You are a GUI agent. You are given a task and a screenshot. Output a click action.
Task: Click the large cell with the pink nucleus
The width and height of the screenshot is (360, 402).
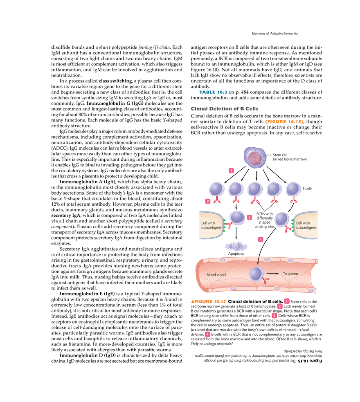(x=255, y=157)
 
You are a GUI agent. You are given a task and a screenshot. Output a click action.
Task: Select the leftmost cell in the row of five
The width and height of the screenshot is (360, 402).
(x=216, y=189)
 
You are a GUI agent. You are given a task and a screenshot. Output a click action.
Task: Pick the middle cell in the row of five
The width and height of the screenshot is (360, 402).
(x=255, y=189)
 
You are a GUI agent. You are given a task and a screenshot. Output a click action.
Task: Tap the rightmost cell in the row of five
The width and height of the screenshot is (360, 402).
(x=293, y=189)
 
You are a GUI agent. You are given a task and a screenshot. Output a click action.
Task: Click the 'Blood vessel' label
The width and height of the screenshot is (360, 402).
(x=216, y=275)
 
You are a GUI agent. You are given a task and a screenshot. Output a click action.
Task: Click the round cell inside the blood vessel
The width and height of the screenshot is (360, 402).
(x=257, y=274)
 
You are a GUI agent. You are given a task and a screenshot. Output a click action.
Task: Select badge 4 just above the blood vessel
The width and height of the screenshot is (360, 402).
(x=260, y=240)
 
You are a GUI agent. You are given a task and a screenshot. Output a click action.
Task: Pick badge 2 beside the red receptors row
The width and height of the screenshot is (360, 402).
(x=208, y=201)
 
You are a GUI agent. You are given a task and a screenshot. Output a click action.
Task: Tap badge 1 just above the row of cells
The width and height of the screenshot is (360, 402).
(x=232, y=170)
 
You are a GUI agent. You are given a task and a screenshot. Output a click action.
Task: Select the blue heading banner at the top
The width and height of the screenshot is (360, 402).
(x=212, y=92)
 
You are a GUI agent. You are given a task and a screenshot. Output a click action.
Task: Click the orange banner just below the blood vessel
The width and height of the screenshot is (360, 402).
(x=208, y=301)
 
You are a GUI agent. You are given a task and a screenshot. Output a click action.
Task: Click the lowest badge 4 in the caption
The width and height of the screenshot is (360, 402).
(x=207, y=335)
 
